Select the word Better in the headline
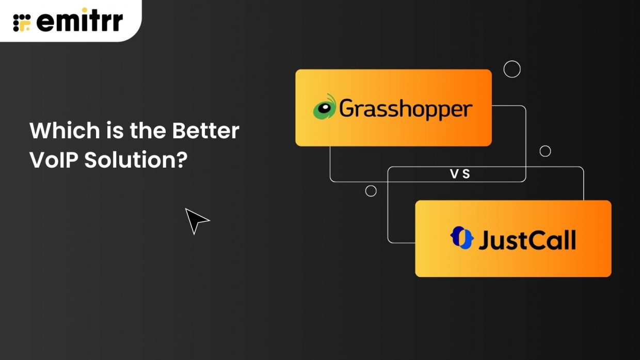point(205,130)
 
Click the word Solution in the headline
point(129,160)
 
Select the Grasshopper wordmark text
point(406,109)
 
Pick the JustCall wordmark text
point(526,240)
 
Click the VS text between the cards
point(460,174)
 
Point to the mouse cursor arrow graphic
point(196,220)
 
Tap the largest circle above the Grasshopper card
point(512,69)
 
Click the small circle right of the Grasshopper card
point(545,151)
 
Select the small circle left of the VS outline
point(371,191)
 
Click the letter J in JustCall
point(484,240)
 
